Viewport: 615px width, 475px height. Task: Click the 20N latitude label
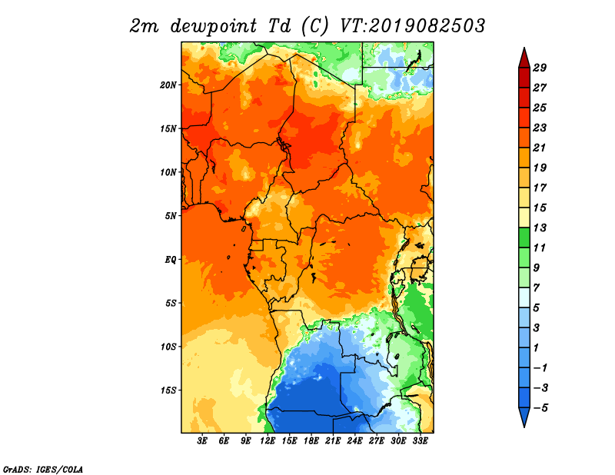tap(168, 85)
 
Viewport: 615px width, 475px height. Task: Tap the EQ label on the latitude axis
tap(171, 260)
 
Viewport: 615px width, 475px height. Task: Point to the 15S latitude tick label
tap(168, 390)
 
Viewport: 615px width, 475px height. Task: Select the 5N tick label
tap(171, 216)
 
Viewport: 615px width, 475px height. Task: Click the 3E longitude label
tap(202, 441)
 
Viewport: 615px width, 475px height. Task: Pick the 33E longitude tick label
tap(420, 441)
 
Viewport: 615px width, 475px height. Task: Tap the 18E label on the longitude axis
tap(311, 441)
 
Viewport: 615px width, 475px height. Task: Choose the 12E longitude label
tap(268, 441)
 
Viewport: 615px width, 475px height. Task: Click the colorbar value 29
tap(540, 68)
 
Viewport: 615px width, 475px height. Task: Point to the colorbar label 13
tap(540, 228)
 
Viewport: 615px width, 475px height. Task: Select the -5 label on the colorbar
tap(540, 408)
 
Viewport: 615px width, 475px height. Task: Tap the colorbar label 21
tap(540, 148)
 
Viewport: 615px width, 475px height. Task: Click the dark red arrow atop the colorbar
tap(524, 58)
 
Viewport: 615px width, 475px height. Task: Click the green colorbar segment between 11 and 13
tap(524, 237)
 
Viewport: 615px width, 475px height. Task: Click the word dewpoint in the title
tap(214, 26)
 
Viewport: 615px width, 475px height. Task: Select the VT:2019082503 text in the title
tap(413, 26)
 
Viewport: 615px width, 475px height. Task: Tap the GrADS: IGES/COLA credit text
tap(43, 469)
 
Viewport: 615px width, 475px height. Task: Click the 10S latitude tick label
tap(168, 347)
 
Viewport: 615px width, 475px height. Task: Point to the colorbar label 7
tap(537, 288)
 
